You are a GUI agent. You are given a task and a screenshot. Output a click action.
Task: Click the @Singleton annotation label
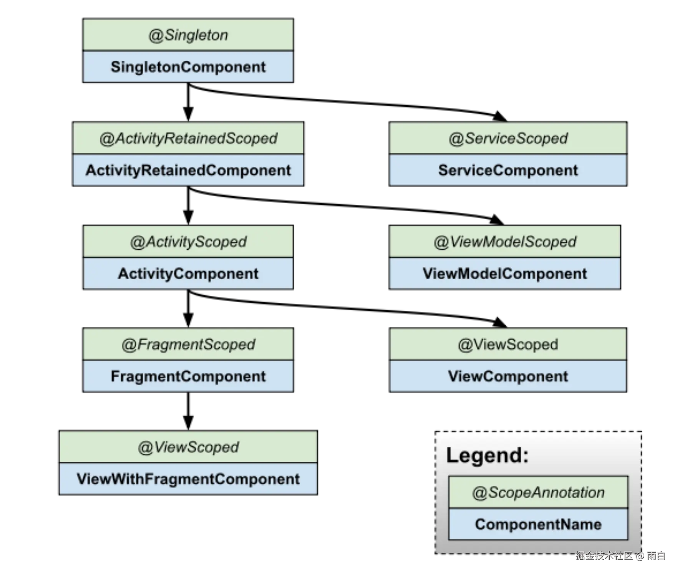pyautogui.click(x=188, y=35)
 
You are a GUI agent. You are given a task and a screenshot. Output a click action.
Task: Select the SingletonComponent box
pyautogui.click(x=188, y=67)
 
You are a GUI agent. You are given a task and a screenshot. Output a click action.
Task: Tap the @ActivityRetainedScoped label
pyautogui.click(x=188, y=139)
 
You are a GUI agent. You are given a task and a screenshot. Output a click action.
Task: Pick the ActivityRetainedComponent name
pyautogui.click(x=188, y=170)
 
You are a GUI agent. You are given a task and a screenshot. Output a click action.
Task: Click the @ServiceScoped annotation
pyautogui.click(x=508, y=139)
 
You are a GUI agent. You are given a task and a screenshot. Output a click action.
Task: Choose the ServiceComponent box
pyautogui.click(x=508, y=170)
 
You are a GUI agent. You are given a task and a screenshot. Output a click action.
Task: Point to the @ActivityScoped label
pyautogui.click(x=188, y=242)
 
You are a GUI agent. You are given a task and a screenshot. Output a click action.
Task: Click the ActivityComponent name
pyautogui.click(x=188, y=273)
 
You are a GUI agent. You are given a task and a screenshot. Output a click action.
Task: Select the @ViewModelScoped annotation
pyautogui.click(x=504, y=242)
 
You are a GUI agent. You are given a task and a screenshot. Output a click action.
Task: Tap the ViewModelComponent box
pyautogui.click(x=504, y=273)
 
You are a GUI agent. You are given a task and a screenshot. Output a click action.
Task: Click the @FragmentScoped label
pyautogui.click(x=188, y=345)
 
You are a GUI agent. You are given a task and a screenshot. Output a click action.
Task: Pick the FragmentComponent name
pyautogui.click(x=188, y=376)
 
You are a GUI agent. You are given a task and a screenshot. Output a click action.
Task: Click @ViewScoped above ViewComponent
pyautogui.click(x=508, y=345)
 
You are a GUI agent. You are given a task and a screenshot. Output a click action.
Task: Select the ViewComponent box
pyautogui.click(x=508, y=376)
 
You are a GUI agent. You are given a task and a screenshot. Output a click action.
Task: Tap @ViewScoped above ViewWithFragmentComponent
pyautogui.click(x=188, y=447)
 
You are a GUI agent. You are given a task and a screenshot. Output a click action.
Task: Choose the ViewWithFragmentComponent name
pyautogui.click(x=188, y=479)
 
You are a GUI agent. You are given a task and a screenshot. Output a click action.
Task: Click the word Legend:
pyautogui.click(x=487, y=456)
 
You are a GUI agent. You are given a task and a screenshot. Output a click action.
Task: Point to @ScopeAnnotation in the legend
pyautogui.click(x=538, y=493)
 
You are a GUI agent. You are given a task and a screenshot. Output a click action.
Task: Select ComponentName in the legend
pyautogui.click(x=538, y=524)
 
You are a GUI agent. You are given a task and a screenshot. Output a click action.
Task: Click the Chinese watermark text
pyautogui.click(x=620, y=555)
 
